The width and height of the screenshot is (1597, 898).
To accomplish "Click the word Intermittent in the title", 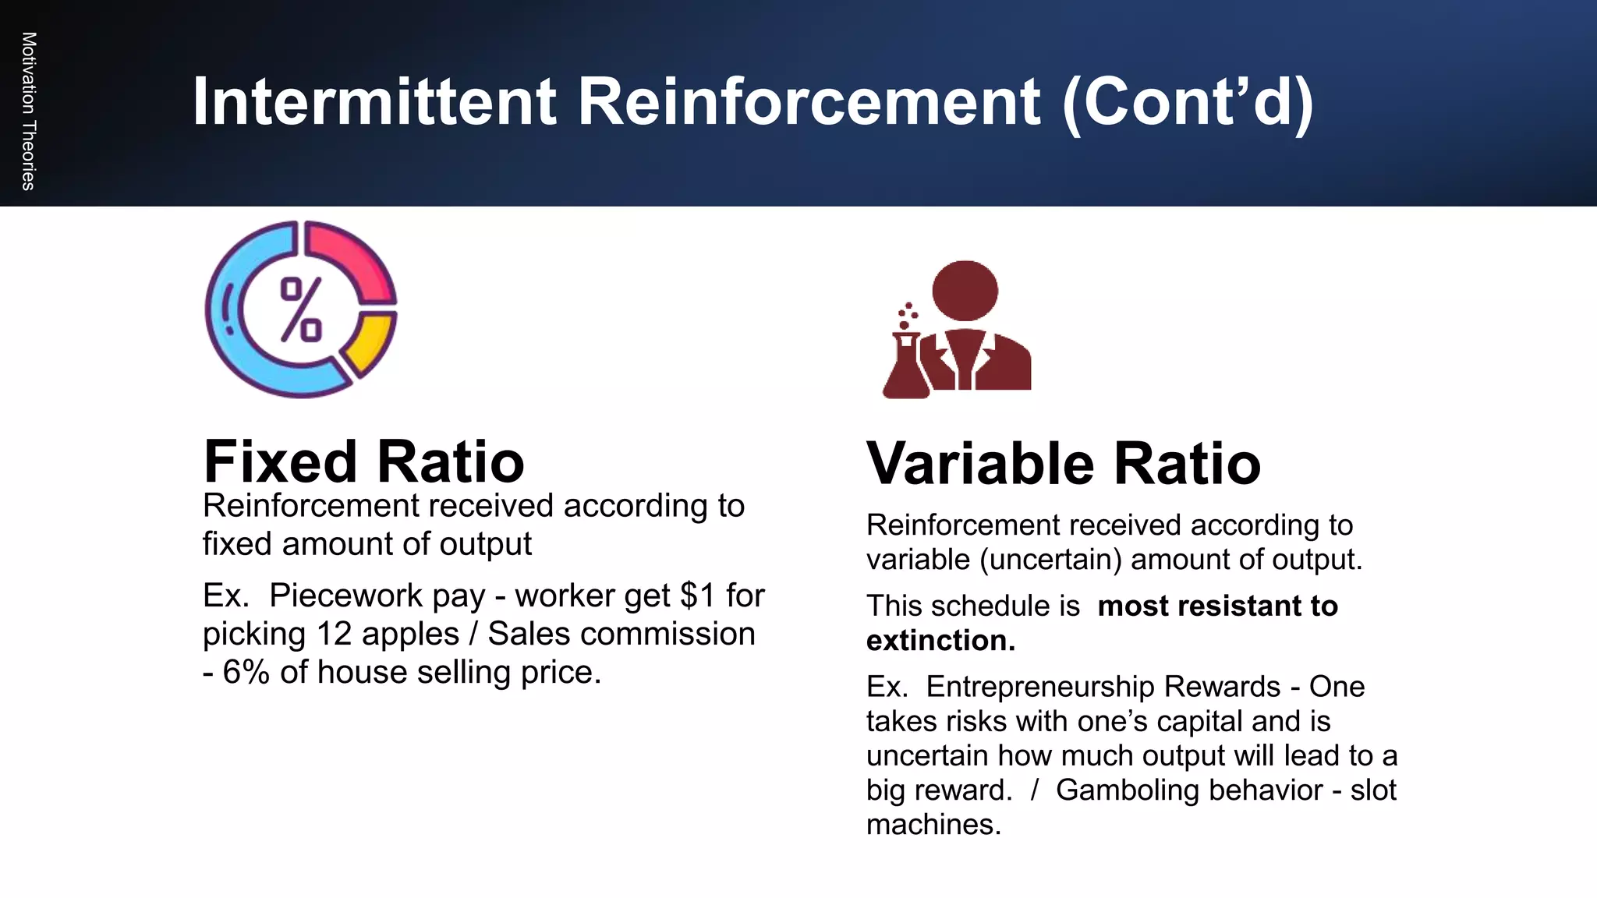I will click(x=374, y=102).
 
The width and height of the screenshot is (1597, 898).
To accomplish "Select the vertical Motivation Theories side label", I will click(x=28, y=111).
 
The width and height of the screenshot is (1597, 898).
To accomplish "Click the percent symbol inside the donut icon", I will click(x=301, y=309).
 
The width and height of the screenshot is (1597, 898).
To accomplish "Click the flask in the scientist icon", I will click(x=905, y=366).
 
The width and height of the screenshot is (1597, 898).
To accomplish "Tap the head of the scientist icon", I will click(x=965, y=290).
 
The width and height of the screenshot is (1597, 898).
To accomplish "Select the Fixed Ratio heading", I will click(x=363, y=461).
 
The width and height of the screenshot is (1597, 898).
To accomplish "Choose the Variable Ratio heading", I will click(x=1063, y=464).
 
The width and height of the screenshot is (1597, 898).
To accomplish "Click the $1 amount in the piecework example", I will click(x=697, y=596).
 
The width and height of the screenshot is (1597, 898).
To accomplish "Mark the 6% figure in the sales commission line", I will click(x=246, y=672).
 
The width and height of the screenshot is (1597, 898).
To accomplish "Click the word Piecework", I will click(x=377, y=596).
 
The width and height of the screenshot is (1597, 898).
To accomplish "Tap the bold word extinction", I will click(x=940, y=641).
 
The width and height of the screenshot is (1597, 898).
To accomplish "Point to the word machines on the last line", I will click(x=933, y=825).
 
